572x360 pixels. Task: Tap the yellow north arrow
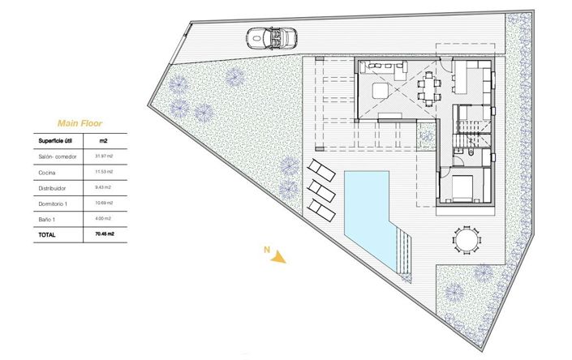280,258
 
